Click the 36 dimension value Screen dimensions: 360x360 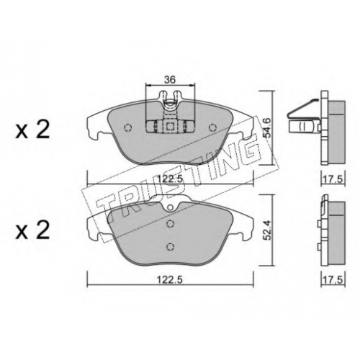pyautogui.click(x=170, y=79)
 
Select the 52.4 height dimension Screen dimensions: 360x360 pyautogui.click(x=267, y=230)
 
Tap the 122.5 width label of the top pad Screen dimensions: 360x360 pyautogui.click(x=170, y=179)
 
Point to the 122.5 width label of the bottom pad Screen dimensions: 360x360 pyautogui.click(x=170, y=280)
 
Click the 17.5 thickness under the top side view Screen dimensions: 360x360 pyautogui.click(x=333, y=179)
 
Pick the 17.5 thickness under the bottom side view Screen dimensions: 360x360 pyautogui.click(x=333, y=280)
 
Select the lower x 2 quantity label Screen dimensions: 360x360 pyautogui.click(x=32, y=230)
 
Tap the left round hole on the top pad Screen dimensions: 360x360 pyautogui.click(x=128, y=127)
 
